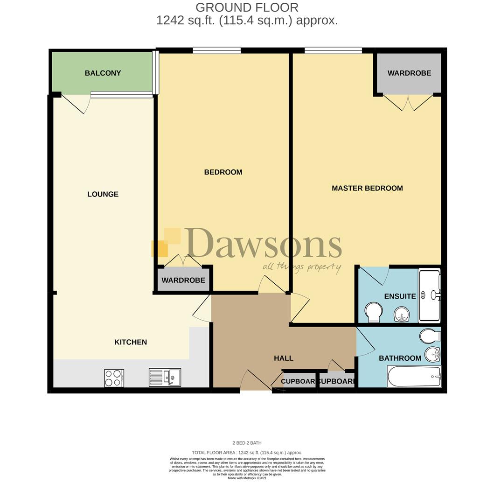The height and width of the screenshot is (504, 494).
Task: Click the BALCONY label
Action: click(103, 73)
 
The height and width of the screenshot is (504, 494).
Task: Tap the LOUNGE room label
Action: click(103, 194)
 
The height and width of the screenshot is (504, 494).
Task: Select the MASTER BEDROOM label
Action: click(367, 188)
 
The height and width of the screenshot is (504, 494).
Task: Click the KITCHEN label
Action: click(131, 342)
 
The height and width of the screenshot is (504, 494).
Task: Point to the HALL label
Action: click(284, 358)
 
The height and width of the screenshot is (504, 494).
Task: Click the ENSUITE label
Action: click(400, 296)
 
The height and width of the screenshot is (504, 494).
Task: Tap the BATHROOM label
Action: click(400, 358)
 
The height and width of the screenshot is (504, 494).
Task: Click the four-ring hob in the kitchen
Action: click(114, 378)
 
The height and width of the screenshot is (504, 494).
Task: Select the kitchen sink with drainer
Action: click(165, 377)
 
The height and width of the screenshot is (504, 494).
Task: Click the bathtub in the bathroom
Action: click(414, 376)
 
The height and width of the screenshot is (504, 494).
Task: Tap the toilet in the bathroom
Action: click(430, 336)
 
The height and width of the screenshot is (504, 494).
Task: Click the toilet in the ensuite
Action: click(373, 312)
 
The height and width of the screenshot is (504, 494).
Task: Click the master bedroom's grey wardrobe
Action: click(409, 73)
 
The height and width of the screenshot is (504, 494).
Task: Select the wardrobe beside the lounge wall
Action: click(183, 280)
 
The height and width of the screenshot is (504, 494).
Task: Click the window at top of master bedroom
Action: click(333, 50)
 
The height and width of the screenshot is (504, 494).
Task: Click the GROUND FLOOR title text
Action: click(247, 7)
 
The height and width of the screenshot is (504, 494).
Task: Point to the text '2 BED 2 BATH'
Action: click(247, 443)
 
